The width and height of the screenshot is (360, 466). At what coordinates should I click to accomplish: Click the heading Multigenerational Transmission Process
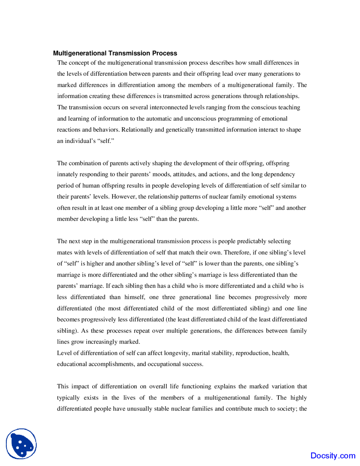click(x=115, y=53)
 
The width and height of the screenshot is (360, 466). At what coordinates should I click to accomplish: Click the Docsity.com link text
click(x=333, y=456)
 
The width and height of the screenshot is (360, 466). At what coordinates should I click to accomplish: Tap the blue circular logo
click(x=21, y=444)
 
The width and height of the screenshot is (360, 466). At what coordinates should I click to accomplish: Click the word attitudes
click(x=184, y=174)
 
